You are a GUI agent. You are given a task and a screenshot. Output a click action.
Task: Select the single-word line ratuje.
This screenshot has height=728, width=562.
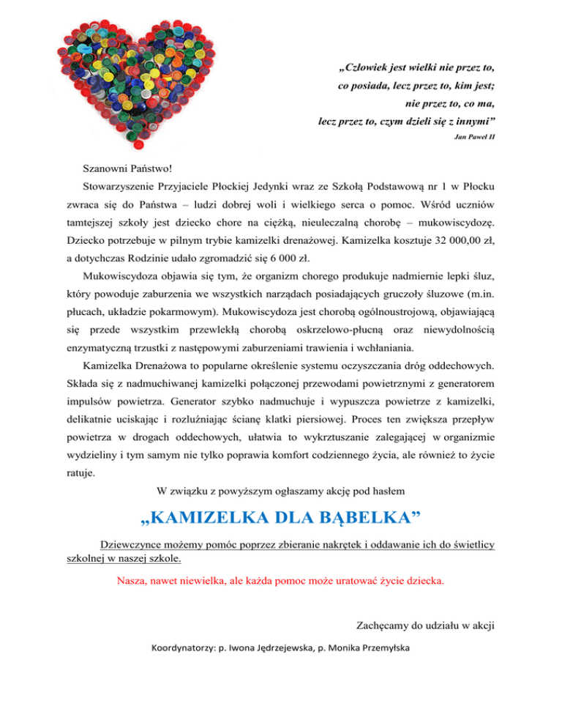point(80,474)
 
